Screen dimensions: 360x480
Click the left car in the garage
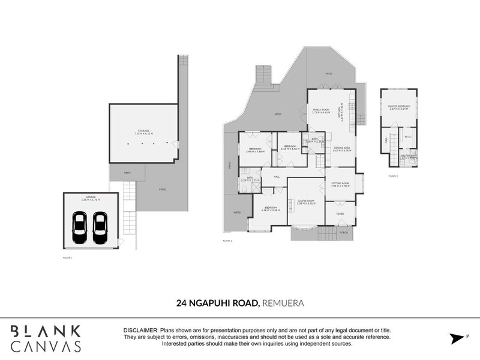pyautogui.click(x=79, y=228)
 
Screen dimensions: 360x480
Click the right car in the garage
pyautogui.click(x=100, y=228)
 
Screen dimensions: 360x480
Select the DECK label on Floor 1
pyautogui.click(x=127, y=173)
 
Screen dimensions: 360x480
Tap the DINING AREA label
pyautogui.click(x=343, y=148)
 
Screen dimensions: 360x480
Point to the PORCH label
pyautogui.click(x=344, y=233)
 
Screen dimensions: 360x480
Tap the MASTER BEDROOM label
pyautogui.click(x=398, y=107)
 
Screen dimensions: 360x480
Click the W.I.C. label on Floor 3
pyautogui.click(x=408, y=136)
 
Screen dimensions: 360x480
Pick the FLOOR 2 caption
pyautogui.click(x=227, y=241)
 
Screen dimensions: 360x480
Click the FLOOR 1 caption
pyautogui.click(x=68, y=257)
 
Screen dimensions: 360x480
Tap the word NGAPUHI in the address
pyautogui.click(x=216, y=303)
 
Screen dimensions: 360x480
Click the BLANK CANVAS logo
pyautogui.click(x=46, y=338)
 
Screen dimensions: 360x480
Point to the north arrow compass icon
pyautogui.click(x=458, y=338)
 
